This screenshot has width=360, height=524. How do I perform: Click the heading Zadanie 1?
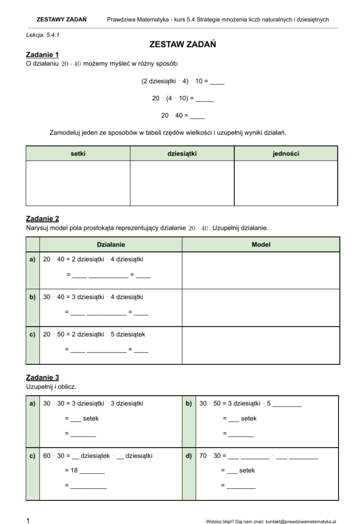pos(42,55)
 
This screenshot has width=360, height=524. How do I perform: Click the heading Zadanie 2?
pos(42,219)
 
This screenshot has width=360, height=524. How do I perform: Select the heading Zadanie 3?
pos(42,378)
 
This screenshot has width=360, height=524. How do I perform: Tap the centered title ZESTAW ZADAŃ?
pos(183,45)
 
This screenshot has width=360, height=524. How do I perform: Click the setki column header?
pos(78,154)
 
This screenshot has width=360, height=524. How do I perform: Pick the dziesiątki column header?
pos(182,154)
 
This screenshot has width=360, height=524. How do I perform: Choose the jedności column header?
pos(286,154)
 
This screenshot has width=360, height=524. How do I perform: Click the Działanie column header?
pos(110,245)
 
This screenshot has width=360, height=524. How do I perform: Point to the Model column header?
pos(261,245)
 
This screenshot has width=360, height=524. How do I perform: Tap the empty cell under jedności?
pos(286,183)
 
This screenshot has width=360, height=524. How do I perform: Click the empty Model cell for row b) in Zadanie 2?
pos(261,308)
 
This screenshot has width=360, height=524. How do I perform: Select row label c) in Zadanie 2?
pos(32,335)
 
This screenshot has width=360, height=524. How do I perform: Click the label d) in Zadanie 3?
pos(189,455)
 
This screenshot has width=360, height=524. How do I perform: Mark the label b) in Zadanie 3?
pos(189,403)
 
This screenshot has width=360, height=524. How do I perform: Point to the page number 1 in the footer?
pos(28,520)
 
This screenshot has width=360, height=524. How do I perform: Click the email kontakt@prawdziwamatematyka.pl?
pos(301,521)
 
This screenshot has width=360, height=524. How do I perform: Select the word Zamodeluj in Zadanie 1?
pos(64,133)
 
